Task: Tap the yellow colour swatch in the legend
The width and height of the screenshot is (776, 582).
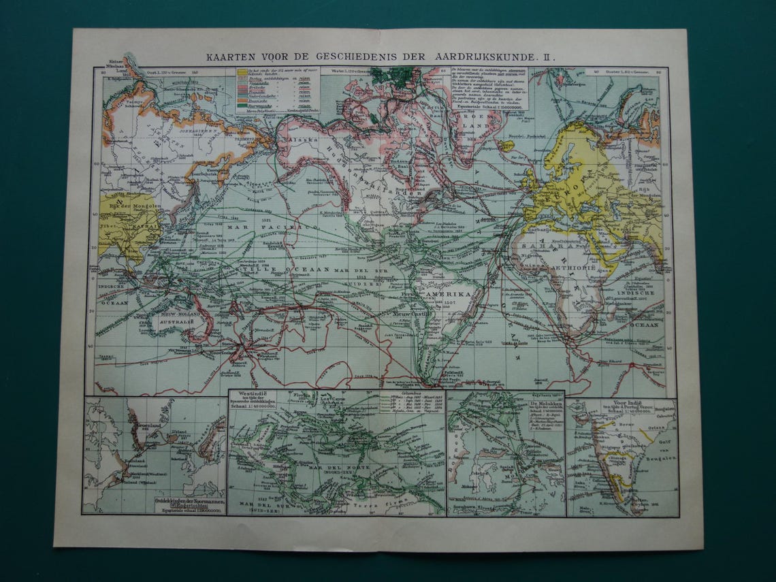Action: tap(242, 71)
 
